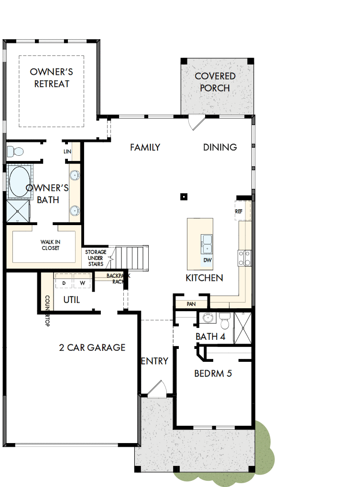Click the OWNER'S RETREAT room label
[51, 78]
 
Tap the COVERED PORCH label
[215, 82]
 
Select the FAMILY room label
[145, 148]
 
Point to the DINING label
[220, 147]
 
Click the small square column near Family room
[183, 196]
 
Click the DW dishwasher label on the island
[207, 260]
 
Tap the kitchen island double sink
[207, 243]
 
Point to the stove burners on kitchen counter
[244, 258]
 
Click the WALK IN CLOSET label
[50, 245]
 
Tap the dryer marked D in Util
[64, 283]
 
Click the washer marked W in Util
[82, 283]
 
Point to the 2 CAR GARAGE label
[92, 347]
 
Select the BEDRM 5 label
[213, 373]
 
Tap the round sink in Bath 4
[207, 317]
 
